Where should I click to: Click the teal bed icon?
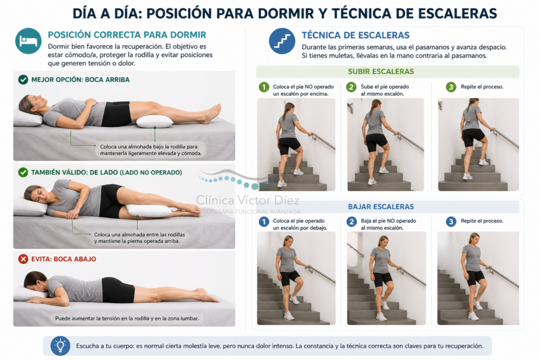pyautogui.click(x=28, y=41)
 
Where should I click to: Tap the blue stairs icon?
pyautogui.click(x=282, y=41)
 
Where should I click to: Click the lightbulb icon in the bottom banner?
pyautogui.click(x=60, y=346)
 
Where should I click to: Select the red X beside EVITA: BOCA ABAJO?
pyautogui.click(x=23, y=259)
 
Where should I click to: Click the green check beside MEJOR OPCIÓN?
pyautogui.click(x=23, y=80)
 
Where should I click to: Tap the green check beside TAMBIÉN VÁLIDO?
pyautogui.click(x=23, y=172)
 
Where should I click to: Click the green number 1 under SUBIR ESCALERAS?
pyautogui.click(x=264, y=87)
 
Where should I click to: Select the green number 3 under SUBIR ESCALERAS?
pyautogui.click(x=451, y=87)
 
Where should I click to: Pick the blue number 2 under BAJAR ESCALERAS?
pyautogui.click(x=351, y=222)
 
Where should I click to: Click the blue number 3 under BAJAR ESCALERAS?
pyautogui.click(x=451, y=222)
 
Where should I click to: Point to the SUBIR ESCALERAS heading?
pyautogui.click(x=381, y=72)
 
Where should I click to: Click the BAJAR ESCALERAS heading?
pyautogui.click(x=381, y=207)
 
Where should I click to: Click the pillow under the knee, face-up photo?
pyautogui.click(x=155, y=121)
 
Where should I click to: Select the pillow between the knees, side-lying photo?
pyautogui.click(x=149, y=210)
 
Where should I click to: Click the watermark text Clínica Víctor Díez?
pyautogui.click(x=248, y=200)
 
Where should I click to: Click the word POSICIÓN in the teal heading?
pyautogui.click(x=69, y=35)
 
